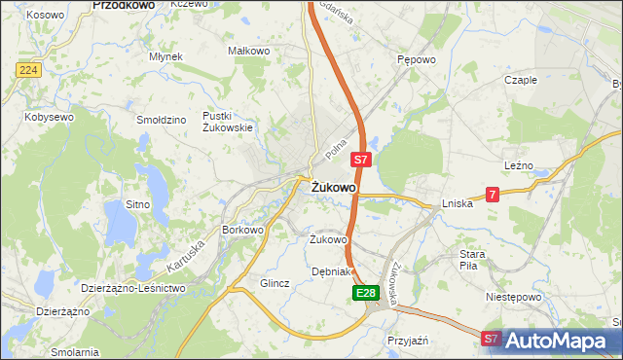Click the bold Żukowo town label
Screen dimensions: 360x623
(333, 187)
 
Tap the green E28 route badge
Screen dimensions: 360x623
(364, 293)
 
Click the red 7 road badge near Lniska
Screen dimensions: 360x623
(494, 195)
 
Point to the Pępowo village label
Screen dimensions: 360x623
(416, 59)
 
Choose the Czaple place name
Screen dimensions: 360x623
(521, 80)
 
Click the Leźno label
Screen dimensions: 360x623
(518, 166)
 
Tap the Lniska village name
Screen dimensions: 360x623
(457, 204)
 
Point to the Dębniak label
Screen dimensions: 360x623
(329, 271)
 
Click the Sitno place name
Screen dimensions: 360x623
(137, 204)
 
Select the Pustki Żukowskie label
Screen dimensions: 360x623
(228, 122)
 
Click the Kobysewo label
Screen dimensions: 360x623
(50, 117)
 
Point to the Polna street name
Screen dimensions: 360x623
(337, 149)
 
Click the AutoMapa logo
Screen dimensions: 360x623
(556, 341)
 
